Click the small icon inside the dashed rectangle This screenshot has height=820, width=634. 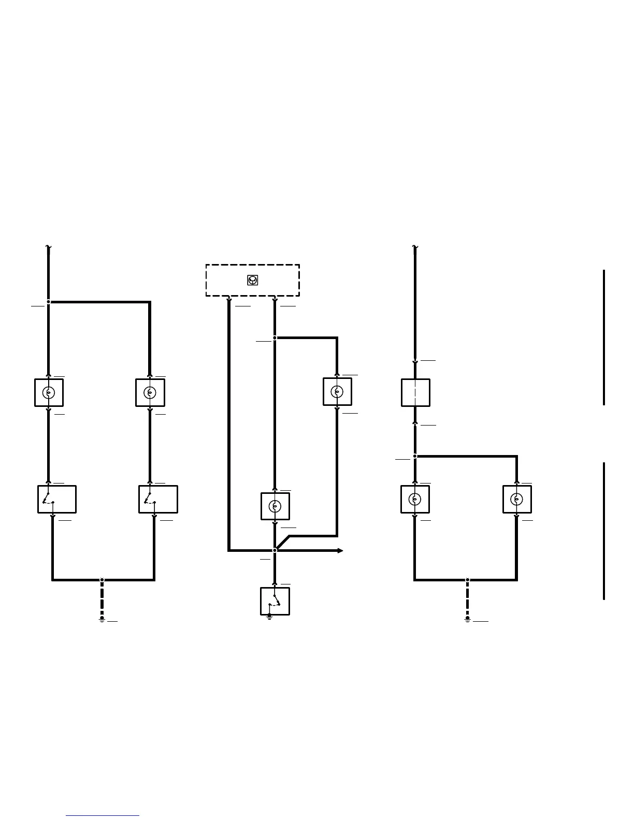(x=252, y=280)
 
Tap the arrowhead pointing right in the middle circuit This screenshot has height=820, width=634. (x=340, y=550)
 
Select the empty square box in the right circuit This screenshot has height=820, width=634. (x=415, y=392)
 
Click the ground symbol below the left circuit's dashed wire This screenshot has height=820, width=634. (x=102, y=619)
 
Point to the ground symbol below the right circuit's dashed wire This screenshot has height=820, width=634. (x=467, y=619)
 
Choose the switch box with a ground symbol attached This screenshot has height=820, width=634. (x=275, y=601)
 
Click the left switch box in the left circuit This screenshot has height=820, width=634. (x=57, y=499)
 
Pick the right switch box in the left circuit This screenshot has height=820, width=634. (x=158, y=499)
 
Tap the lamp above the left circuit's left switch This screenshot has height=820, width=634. (x=49, y=392)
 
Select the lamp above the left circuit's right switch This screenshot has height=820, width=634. (x=150, y=392)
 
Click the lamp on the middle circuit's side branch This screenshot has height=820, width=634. (x=337, y=391)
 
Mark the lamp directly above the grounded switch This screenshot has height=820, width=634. (x=275, y=506)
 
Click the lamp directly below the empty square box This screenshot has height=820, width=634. (x=415, y=499)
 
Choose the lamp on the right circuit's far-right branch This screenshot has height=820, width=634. (x=517, y=499)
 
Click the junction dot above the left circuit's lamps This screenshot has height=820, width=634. (x=49, y=302)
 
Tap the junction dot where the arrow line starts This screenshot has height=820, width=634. (x=275, y=550)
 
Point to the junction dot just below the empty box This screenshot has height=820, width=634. (x=415, y=456)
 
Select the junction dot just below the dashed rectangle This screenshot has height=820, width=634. (x=275, y=338)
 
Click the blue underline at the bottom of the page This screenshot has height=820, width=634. (x=103, y=816)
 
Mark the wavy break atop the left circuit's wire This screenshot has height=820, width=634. (x=48, y=247)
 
